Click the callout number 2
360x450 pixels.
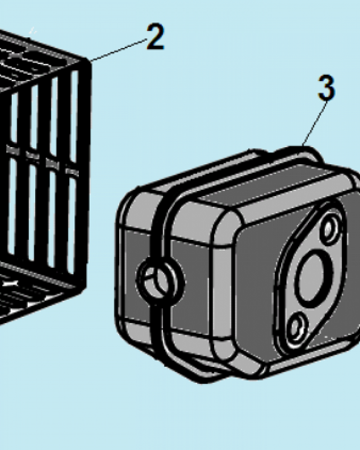[x=155, y=36]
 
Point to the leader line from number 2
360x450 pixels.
[x=119, y=50]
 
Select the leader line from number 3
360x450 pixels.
[x=315, y=123]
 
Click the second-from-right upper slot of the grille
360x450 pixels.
[x=54, y=117]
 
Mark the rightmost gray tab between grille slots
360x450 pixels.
[x=72, y=171]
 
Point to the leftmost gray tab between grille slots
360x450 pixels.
[x=13, y=150]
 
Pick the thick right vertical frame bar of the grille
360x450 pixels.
[x=84, y=172]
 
